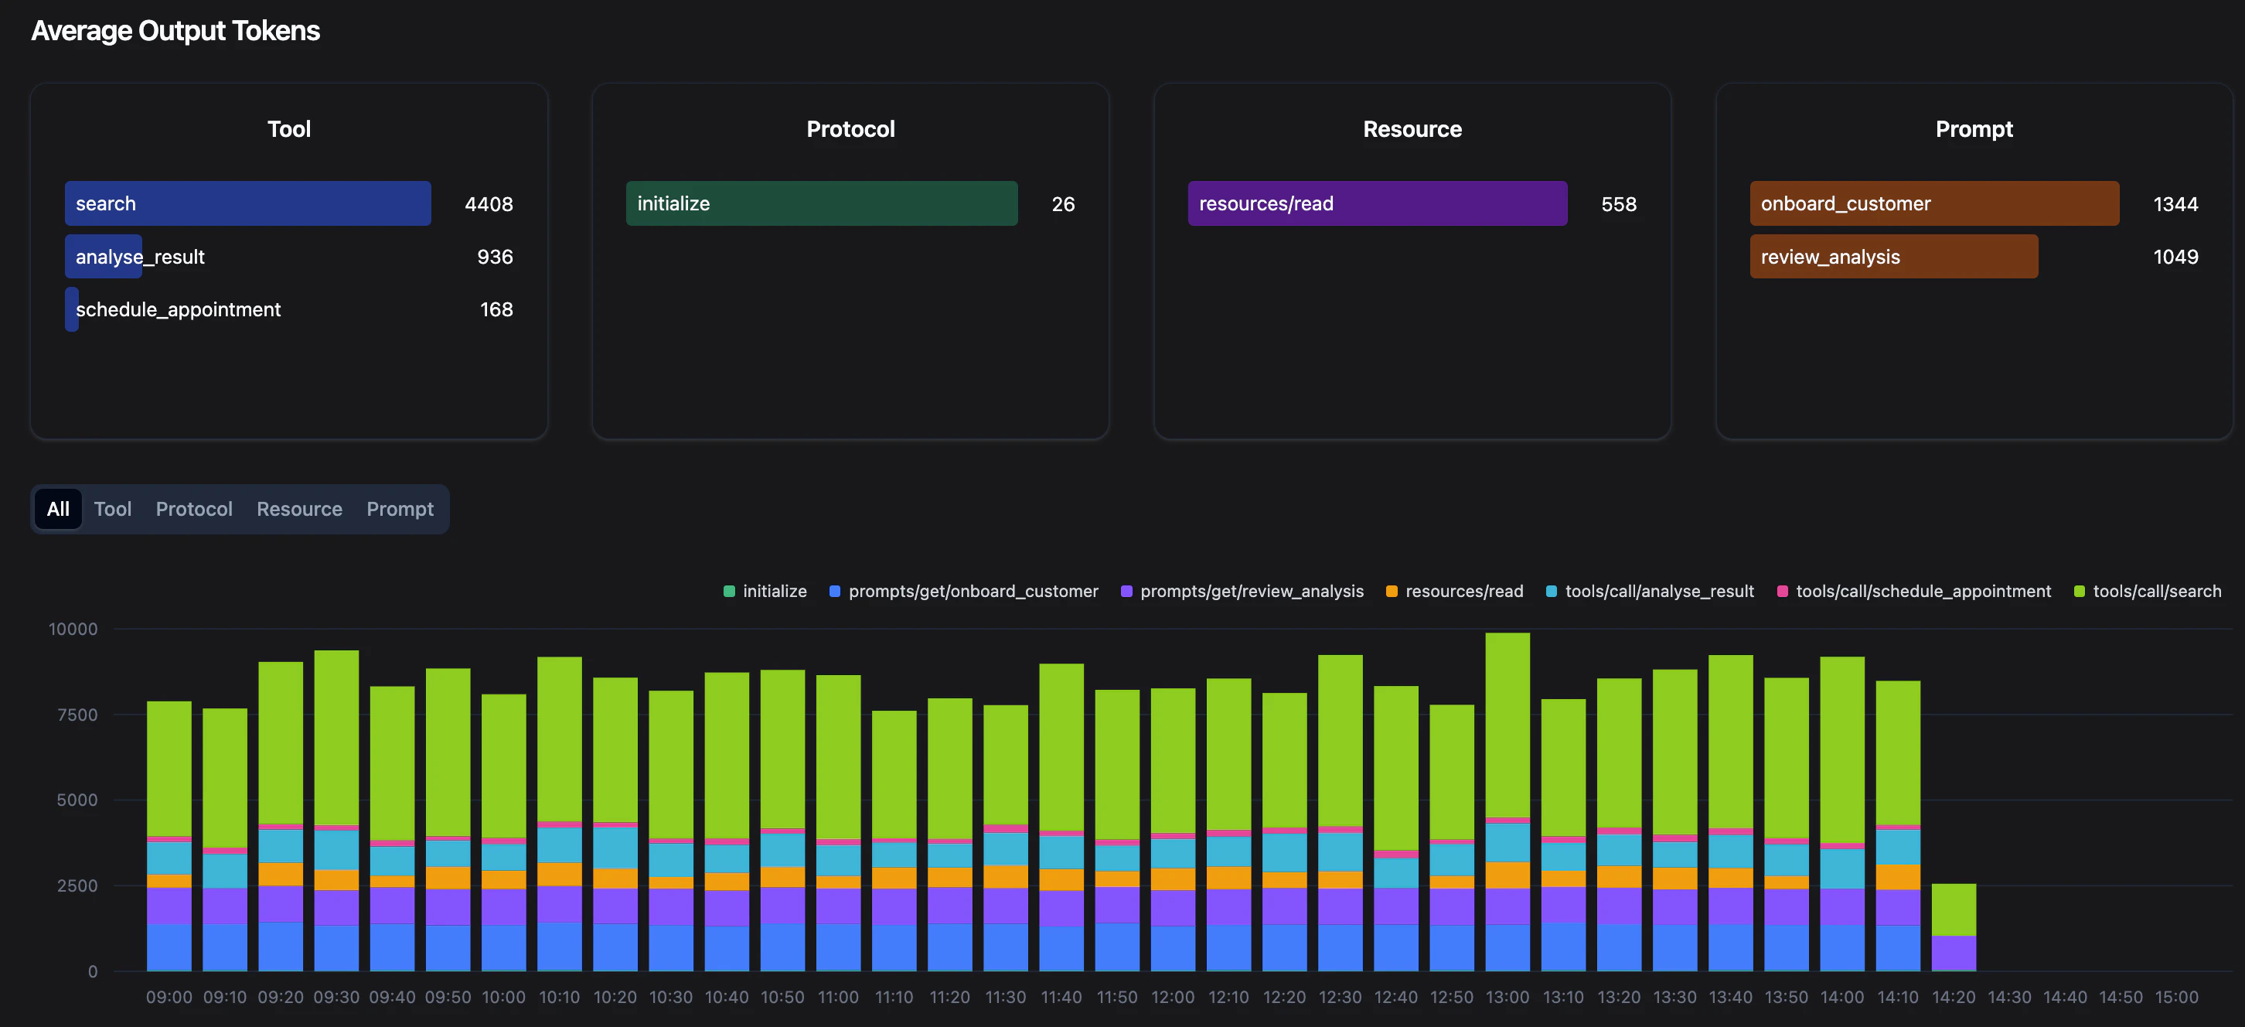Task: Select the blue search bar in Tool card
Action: coord(247,203)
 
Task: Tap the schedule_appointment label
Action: coord(178,309)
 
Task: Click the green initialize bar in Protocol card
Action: coord(821,203)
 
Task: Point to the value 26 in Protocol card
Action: coord(1062,204)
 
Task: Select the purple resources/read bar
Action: coord(1377,203)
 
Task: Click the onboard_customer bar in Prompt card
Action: coord(1934,203)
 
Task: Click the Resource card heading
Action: coord(1412,129)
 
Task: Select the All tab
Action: coord(57,509)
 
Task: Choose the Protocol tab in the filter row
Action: coord(193,509)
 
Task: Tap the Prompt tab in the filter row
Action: coord(399,509)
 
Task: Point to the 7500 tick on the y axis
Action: coord(77,715)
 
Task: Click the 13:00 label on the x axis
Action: coord(1507,997)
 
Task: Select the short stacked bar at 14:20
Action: coord(1953,926)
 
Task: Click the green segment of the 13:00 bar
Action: coord(1507,724)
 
